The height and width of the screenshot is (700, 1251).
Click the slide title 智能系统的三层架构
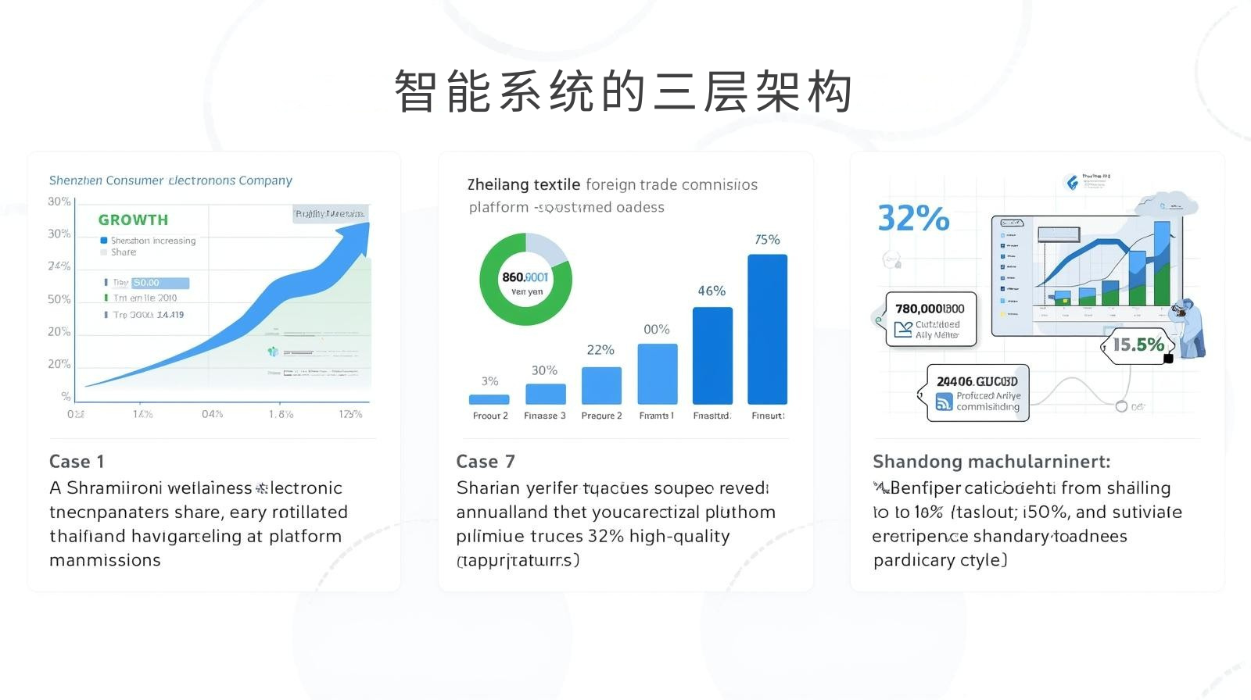[623, 92]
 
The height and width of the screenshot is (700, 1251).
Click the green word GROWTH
[133, 220]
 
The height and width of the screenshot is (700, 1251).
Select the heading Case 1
[77, 462]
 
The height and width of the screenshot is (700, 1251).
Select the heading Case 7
[486, 462]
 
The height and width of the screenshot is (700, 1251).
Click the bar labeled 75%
[767, 329]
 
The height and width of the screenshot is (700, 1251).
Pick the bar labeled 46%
[712, 355]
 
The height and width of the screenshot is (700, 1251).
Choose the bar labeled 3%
[489, 399]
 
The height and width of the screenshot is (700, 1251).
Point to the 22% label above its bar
[600, 350]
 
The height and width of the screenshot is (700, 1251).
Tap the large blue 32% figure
[913, 218]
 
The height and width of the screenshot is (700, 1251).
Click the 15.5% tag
[1138, 345]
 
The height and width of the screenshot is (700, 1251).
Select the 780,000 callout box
[930, 319]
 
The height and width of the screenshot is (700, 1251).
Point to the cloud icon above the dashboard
[1167, 205]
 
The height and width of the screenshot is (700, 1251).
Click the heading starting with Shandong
[991, 462]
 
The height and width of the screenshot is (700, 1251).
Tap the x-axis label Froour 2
[490, 416]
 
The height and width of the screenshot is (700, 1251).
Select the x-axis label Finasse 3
[545, 416]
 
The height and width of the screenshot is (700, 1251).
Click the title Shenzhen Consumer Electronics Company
[170, 180]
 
